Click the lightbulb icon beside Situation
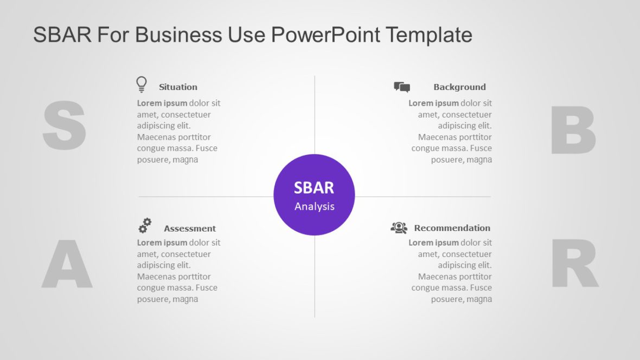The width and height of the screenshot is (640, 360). click(142, 85)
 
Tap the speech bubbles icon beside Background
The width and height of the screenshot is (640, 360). click(402, 87)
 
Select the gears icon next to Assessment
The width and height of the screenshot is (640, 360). click(145, 225)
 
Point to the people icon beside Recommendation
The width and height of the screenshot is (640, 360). click(399, 228)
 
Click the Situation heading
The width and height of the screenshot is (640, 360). click(178, 87)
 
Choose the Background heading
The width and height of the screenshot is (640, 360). click(459, 87)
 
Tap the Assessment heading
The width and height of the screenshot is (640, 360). click(190, 228)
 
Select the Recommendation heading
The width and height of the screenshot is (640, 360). click(452, 228)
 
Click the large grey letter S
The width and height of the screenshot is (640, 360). click(64, 126)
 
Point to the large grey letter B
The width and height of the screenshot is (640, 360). click(573, 130)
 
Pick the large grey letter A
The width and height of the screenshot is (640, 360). click(67, 265)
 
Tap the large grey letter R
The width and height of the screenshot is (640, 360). click(574, 264)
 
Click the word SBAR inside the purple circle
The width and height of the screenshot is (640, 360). click(314, 188)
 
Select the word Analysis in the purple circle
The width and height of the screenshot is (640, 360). click(315, 207)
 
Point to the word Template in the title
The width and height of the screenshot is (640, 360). click(429, 35)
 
